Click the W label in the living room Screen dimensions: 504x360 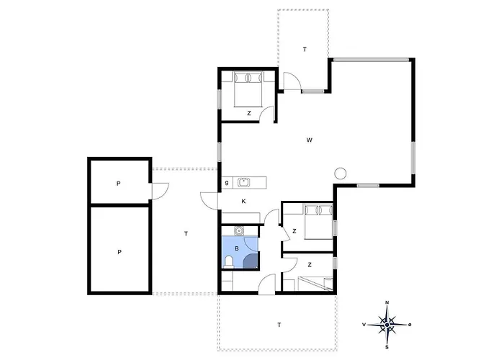click(309, 140)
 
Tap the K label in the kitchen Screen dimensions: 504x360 click(243, 201)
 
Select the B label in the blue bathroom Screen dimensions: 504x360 click(237, 248)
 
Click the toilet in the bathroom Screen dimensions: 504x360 click(229, 261)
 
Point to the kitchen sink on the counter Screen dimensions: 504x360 click(243, 183)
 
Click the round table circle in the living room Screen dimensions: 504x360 click(341, 174)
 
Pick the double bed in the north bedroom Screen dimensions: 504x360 click(248, 90)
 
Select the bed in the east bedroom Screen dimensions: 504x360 click(318, 222)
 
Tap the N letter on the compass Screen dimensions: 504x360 click(387, 302)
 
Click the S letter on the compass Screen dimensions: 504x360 click(387, 347)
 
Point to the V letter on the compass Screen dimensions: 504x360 click(364, 325)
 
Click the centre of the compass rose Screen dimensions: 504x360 click(387, 325)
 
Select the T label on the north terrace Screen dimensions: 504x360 click(305, 50)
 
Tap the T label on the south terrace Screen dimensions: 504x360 click(279, 325)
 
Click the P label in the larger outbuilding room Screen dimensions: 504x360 click(120, 252)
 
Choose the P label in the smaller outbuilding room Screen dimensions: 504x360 click(118, 184)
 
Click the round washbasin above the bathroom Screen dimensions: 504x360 click(238, 230)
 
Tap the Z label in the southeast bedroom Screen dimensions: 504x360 click(310, 265)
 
